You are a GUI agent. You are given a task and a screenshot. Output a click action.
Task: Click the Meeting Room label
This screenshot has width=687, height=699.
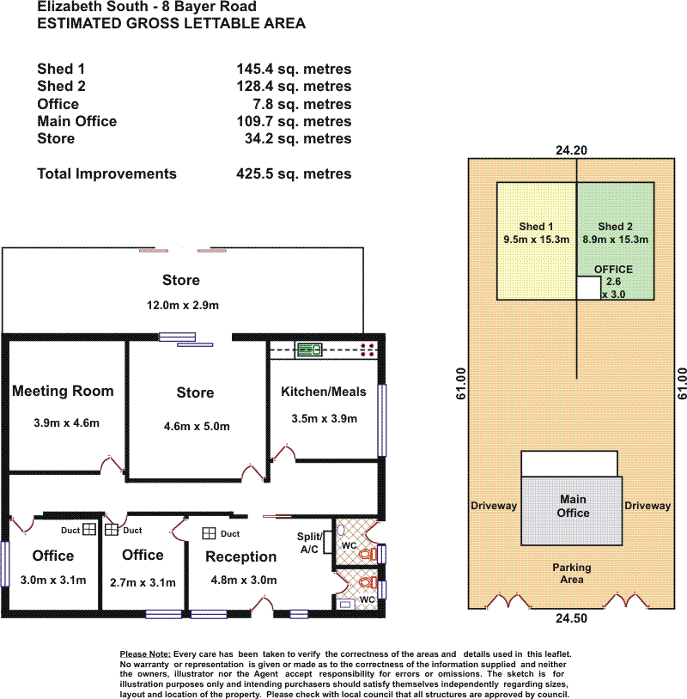(63, 391)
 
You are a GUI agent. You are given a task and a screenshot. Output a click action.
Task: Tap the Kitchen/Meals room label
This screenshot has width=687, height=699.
(323, 392)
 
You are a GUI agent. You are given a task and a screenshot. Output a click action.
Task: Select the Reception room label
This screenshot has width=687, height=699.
(240, 556)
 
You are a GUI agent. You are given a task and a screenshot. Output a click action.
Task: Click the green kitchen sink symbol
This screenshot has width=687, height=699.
(309, 349)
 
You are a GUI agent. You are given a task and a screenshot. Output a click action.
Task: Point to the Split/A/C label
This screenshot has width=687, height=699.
(309, 543)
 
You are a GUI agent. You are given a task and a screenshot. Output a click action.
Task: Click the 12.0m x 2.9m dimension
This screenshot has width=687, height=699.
(183, 306)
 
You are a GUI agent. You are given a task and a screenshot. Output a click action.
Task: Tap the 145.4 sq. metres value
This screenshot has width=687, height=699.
(294, 69)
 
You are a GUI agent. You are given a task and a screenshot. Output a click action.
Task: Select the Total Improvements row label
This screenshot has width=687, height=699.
(106, 173)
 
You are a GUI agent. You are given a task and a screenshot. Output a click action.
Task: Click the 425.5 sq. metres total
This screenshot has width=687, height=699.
(294, 173)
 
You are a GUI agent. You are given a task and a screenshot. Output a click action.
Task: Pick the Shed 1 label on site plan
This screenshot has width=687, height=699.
(536, 227)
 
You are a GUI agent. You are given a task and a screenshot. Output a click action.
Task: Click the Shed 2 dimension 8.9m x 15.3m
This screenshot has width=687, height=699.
(615, 240)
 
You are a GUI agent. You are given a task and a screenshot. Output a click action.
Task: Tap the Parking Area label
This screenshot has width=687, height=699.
(572, 574)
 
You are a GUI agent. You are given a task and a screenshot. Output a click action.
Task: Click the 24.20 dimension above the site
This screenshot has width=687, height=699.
(571, 150)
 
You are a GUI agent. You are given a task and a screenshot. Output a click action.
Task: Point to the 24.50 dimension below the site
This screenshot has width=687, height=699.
(571, 618)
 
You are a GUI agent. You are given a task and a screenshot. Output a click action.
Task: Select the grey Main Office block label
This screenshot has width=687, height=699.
(573, 506)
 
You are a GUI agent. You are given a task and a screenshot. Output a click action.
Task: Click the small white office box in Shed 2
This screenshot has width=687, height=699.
(589, 288)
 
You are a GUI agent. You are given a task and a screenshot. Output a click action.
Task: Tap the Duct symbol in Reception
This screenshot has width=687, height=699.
(209, 533)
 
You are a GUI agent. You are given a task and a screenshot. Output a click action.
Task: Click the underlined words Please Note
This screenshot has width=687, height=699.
(145, 654)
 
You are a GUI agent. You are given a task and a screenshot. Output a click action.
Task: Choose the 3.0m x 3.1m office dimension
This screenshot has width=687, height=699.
(53, 580)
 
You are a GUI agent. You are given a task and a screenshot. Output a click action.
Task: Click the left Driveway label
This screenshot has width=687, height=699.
(494, 506)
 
